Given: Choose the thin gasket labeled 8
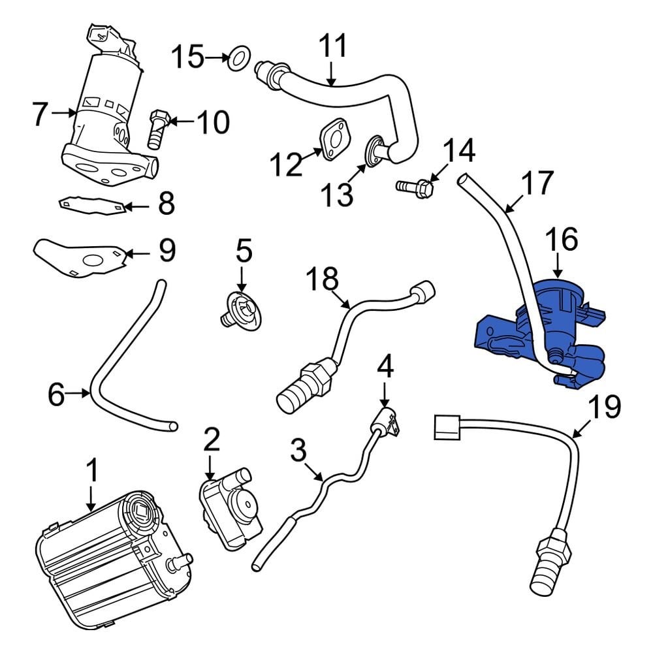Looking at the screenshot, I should pos(91,205).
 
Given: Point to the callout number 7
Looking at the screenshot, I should pos(40,115).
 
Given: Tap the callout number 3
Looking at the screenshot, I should pos(298,451).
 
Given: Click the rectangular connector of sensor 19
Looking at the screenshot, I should pos(446,429).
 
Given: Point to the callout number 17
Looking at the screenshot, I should pos(537,184).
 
